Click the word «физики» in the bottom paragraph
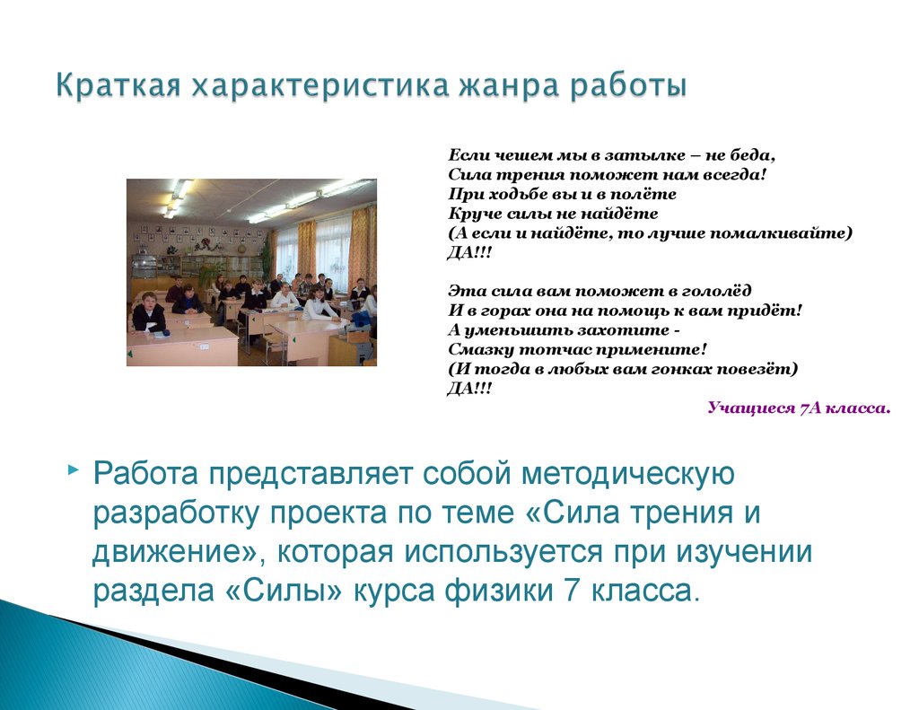499,591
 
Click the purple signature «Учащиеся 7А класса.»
800,408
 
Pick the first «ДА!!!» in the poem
469,253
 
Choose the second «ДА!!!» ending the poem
469,389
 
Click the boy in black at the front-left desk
150,311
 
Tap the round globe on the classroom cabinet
242,249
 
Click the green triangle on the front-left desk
130,355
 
